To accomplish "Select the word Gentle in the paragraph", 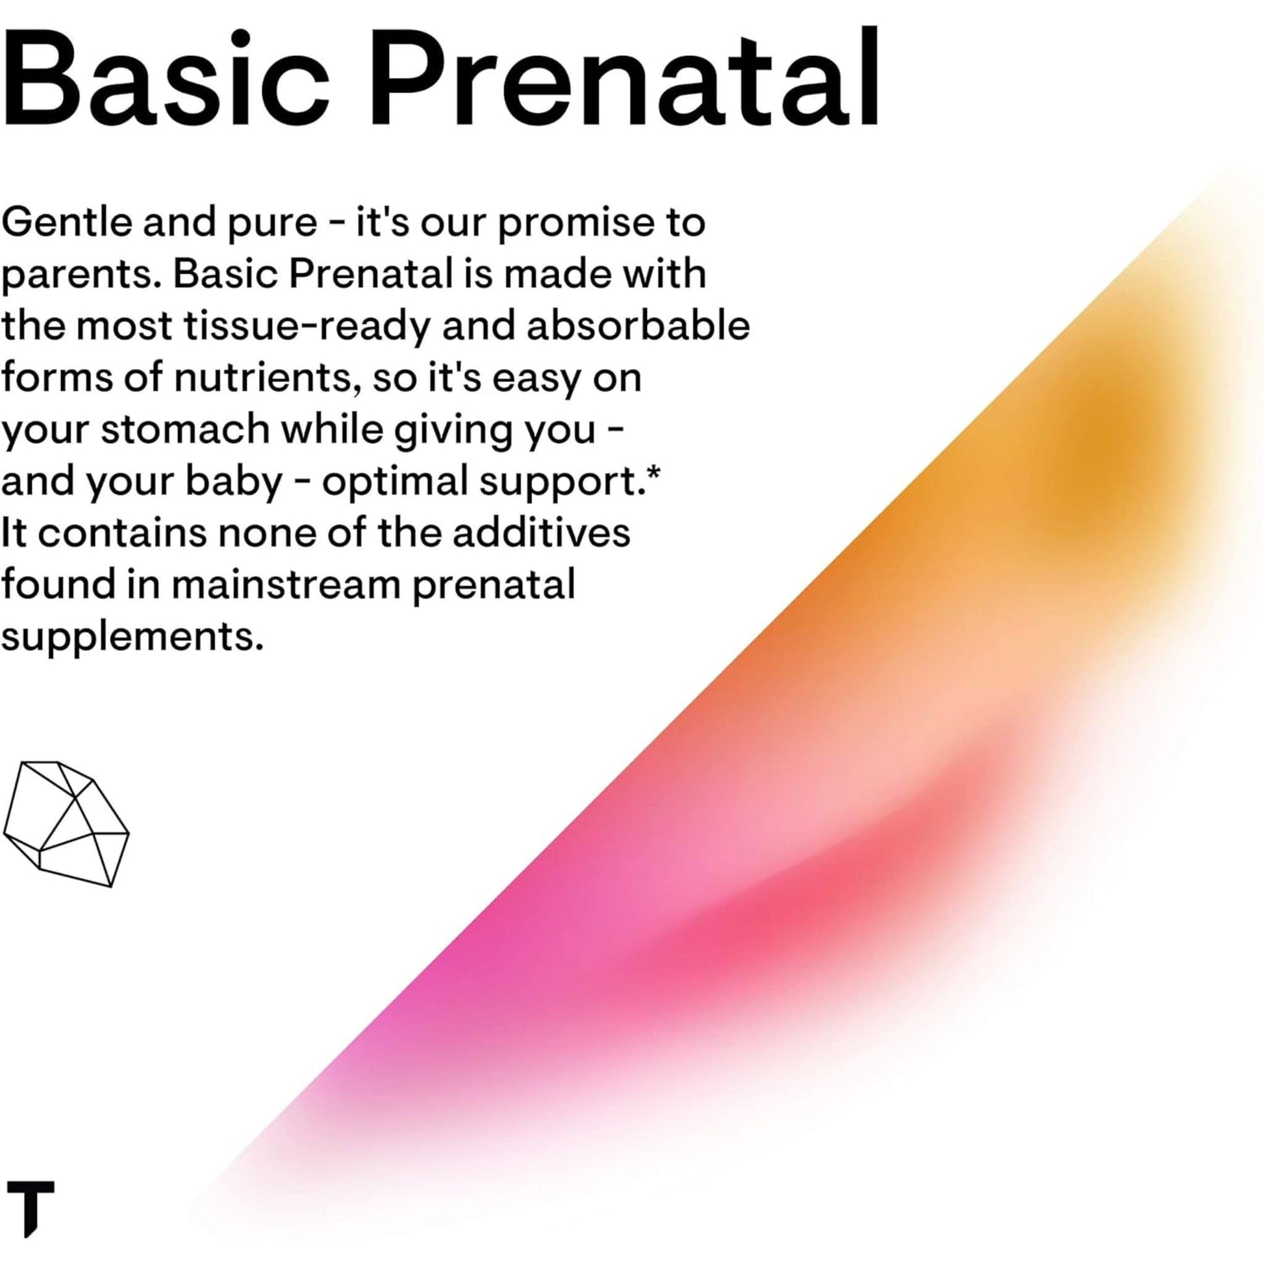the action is coord(68,223).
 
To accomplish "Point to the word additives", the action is coord(541,532).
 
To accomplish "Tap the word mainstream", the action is coord(286,584).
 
